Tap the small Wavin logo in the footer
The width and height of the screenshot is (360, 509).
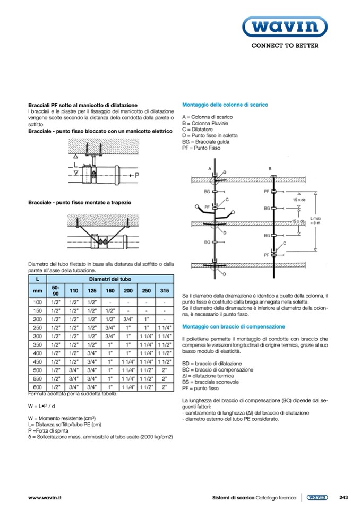[x=317, y=497]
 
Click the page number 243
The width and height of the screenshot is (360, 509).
[x=343, y=497]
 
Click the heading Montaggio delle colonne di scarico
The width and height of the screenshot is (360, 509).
[x=225, y=105]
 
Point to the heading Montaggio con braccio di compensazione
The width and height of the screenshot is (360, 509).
[x=234, y=326]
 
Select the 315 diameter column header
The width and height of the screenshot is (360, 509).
[x=165, y=291]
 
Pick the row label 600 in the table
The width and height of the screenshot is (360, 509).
[x=37, y=387]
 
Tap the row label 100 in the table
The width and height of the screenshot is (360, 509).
[x=37, y=302]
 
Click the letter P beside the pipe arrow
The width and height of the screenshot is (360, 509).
[x=136, y=175]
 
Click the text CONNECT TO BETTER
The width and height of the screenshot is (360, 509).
[x=285, y=46]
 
